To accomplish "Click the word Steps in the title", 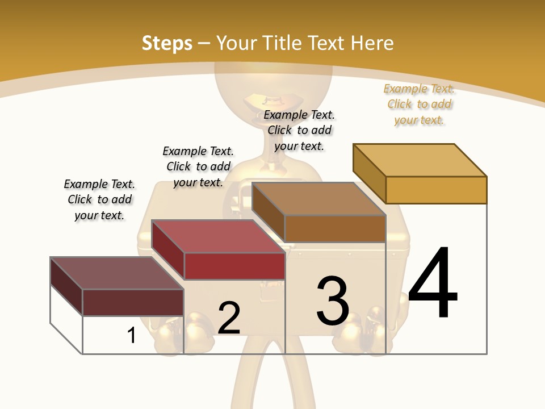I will pos(167,43).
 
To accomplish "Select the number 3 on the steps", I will pos(333,301).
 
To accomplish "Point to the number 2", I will pos(229,318).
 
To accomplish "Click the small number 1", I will pos(132,335).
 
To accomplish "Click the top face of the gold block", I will pos(420,160).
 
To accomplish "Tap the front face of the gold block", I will pos(436,190).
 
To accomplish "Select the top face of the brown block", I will pos(318,199).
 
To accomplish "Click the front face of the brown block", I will pos(335,228).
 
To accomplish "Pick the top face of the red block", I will pos(218,236).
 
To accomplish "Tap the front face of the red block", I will pos(234,266).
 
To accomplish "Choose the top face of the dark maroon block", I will pos(117,273).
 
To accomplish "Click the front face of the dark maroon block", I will pos(133,302).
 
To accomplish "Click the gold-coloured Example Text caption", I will pos(419,104).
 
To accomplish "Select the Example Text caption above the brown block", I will pos(299,130).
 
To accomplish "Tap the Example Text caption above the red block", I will pos(198,166).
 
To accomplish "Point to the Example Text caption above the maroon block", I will pos(99,199).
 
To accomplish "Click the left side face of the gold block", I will pos(369,173).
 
